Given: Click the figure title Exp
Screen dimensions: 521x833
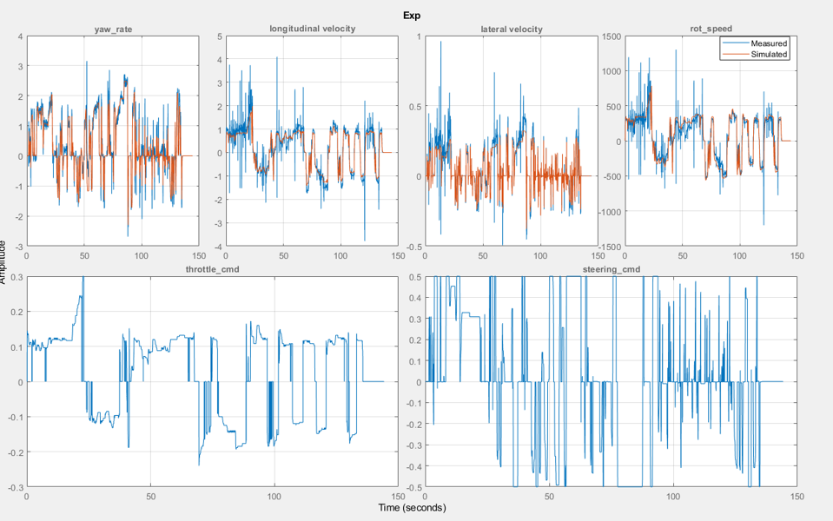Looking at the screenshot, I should (x=412, y=15).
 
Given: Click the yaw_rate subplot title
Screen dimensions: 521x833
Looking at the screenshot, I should (x=113, y=30).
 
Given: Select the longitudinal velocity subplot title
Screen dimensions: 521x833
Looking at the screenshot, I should (x=312, y=29).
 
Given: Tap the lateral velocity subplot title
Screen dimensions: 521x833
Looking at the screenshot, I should (x=511, y=29).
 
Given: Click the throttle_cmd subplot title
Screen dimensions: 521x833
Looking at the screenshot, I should (x=212, y=269).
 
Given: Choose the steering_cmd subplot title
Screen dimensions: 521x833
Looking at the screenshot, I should (x=612, y=269).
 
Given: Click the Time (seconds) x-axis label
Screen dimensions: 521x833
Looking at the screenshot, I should (x=412, y=507).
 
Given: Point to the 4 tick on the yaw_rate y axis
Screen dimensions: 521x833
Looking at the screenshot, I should (x=19, y=37).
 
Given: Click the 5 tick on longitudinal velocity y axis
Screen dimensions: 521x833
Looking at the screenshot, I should (x=219, y=37).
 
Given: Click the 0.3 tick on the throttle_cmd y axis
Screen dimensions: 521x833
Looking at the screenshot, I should (x=16, y=278).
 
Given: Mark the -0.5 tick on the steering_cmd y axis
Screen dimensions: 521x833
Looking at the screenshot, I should (x=413, y=487).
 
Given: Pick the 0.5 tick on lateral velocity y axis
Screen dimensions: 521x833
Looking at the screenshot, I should (x=415, y=107).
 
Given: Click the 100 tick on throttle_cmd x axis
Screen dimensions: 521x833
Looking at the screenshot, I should (x=275, y=497).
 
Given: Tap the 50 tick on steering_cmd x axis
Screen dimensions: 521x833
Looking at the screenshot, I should (x=550, y=497).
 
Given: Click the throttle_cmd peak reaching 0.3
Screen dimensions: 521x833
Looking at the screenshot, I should (x=83, y=278).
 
